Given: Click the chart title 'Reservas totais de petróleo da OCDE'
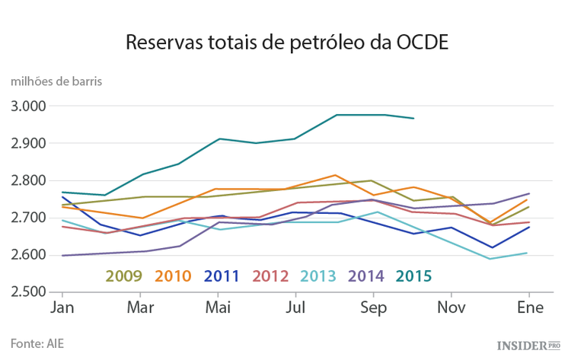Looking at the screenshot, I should click(x=286, y=42).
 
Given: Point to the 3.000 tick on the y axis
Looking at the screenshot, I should click(x=30, y=106).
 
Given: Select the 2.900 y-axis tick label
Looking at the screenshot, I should click(x=30, y=143).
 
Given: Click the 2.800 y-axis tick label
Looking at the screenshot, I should click(x=30, y=180).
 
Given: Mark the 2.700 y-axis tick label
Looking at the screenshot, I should click(x=30, y=218).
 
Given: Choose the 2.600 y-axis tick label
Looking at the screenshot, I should click(x=30, y=255).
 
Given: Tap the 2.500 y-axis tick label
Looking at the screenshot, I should click(x=30, y=292).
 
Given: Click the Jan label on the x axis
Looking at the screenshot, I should click(x=62, y=308).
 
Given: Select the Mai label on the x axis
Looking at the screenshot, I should click(x=218, y=308).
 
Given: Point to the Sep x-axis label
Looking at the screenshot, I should click(x=373, y=308).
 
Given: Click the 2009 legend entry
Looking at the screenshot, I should click(x=124, y=275).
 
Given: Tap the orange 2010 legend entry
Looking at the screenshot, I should click(x=173, y=275).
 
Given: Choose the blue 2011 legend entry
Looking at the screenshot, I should click(x=222, y=275).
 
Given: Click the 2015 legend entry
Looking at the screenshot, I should click(x=414, y=275).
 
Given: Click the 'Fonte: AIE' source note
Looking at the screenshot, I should click(x=37, y=342).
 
